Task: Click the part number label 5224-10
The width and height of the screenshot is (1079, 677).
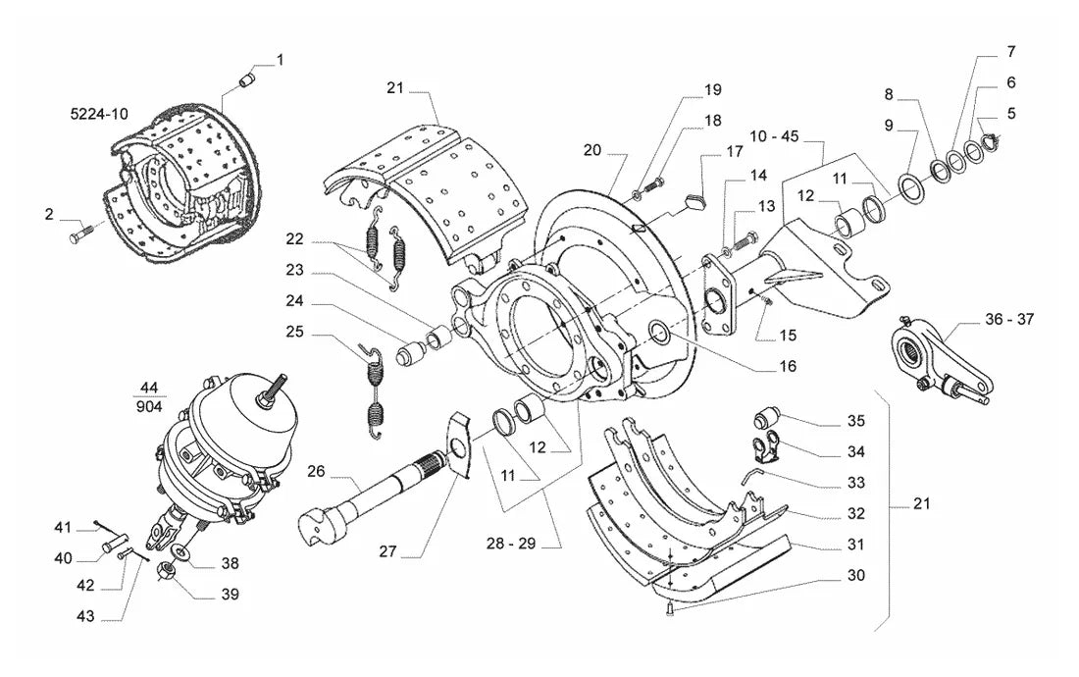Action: click(99, 114)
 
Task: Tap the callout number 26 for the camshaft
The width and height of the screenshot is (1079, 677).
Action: click(316, 471)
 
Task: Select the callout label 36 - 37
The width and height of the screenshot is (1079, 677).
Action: click(1008, 319)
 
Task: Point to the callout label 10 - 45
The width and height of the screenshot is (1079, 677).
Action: click(774, 136)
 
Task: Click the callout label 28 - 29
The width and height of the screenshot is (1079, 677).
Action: click(511, 543)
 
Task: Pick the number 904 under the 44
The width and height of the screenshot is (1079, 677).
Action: click(149, 406)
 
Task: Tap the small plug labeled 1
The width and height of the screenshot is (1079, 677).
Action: click(247, 78)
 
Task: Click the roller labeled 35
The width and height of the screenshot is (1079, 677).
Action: click(764, 417)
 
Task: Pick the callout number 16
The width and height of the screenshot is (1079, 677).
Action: click(788, 366)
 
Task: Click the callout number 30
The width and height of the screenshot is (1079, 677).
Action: click(855, 575)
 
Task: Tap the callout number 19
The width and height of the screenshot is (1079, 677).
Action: click(712, 89)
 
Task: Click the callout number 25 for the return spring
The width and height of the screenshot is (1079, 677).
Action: click(294, 333)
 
